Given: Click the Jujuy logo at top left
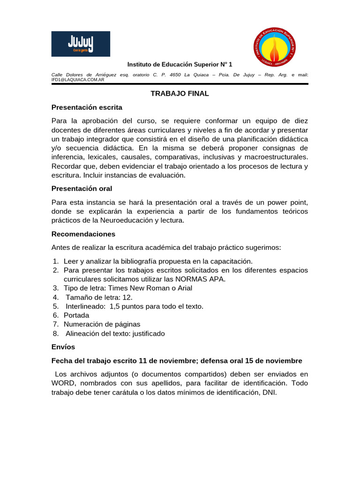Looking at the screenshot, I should click(81, 44).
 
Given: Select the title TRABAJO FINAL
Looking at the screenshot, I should click(180, 93).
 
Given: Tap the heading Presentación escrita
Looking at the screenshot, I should click(87, 107).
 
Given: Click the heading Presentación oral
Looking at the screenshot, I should click(82, 188).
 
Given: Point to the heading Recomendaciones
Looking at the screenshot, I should click(83, 234).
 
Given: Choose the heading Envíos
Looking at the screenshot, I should click(63, 347).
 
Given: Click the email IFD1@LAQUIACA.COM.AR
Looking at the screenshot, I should click(78, 80).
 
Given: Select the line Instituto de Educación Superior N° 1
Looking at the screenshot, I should click(180, 64).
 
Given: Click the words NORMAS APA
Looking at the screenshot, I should click(202, 279).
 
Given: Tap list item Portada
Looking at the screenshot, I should click(76, 315).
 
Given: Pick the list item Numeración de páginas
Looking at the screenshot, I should click(102, 324).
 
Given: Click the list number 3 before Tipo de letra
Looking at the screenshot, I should click(55, 288).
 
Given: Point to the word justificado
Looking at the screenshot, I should click(149, 334).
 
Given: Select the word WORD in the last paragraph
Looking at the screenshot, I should click(63, 383).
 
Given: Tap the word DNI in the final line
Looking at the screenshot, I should click(269, 392).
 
